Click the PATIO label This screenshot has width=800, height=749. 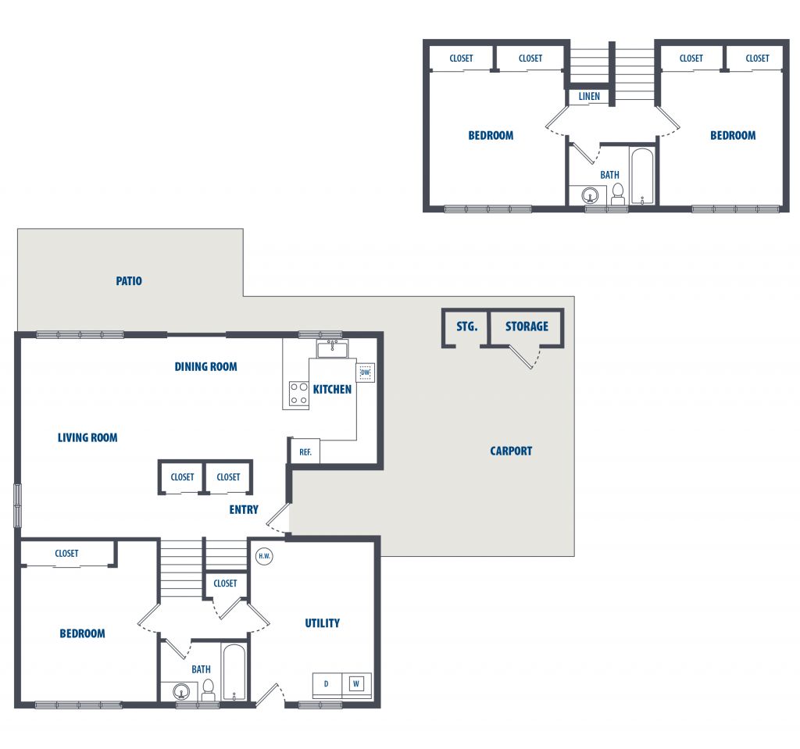pos(129,280)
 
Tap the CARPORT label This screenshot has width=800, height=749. pos(511,451)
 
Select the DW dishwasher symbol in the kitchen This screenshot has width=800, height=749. pos(366,373)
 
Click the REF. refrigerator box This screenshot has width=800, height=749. pos(305,451)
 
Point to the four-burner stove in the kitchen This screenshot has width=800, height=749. pos(299,394)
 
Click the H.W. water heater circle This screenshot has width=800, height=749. pos(264,556)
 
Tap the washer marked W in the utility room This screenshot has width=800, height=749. pos(356,683)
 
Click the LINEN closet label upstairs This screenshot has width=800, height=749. pos(589,96)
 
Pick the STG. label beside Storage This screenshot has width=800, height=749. pos(467,326)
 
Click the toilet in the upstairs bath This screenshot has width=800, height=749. pos(618,194)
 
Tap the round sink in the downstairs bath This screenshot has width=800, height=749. pos(181,692)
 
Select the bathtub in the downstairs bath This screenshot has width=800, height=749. pos(234,672)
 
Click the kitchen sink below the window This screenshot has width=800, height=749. pos(332,349)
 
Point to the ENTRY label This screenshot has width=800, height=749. pos(244,509)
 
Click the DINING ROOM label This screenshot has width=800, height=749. pos(205,367)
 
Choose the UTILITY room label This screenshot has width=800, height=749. pos(322,623)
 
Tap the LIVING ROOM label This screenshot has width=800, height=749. pos(87,438)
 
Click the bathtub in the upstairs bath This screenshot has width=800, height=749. pos(642,177)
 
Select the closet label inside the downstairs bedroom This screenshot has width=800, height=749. pos(67,553)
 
